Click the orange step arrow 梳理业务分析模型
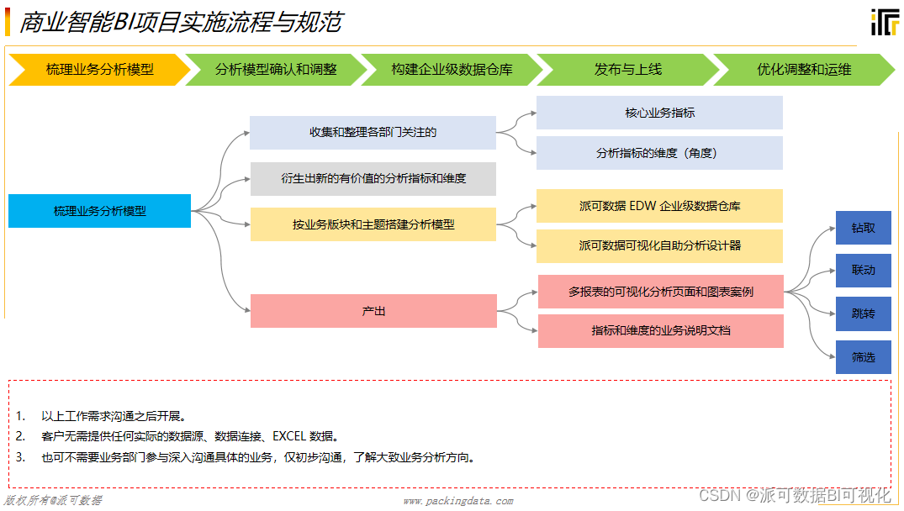pyautogui.click(x=99, y=70)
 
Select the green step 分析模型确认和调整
pyautogui.click(x=276, y=70)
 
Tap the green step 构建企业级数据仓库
pyautogui.click(x=452, y=70)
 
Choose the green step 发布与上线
pyautogui.click(x=627, y=70)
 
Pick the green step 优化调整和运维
pyautogui.click(x=804, y=70)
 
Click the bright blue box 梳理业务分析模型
pyautogui.click(x=99, y=211)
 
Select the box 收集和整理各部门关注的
pyautogui.click(x=373, y=133)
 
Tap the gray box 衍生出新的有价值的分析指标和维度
pyautogui.click(x=373, y=179)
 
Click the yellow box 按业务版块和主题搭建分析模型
pyautogui.click(x=373, y=224)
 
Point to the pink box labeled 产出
pyautogui.click(x=373, y=311)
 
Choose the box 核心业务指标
pyautogui.click(x=659, y=113)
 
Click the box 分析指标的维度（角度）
pyautogui.click(x=659, y=153)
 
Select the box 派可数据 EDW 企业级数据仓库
pyautogui.click(x=659, y=206)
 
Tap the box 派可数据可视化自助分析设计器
pyautogui.click(x=659, y=246)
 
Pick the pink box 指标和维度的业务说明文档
pyautogui.click(x=660, y=331)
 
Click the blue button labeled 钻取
pyautogui.click(x=863, y=228)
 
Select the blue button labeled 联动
pyautogui.click(x=863, y=271)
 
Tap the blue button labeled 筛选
pyautogui.click(x=863, y=357)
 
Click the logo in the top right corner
pyautogui.click(x=884, y=22)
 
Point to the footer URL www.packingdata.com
pyautogui.click(x=457, y=501)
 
